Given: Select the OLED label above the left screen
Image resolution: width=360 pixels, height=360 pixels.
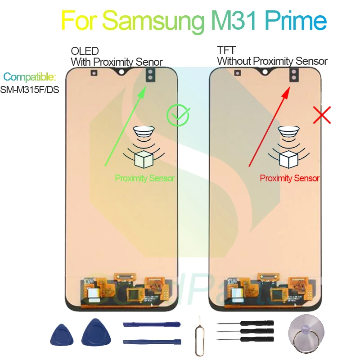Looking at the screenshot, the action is tap(85, 52).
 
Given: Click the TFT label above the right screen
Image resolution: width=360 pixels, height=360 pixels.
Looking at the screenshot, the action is tap(225, 52).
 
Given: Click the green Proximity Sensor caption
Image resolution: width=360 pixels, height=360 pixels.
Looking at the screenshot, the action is tap(144, 178).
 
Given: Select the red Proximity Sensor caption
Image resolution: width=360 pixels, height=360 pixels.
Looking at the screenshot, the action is tap(290, 178).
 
